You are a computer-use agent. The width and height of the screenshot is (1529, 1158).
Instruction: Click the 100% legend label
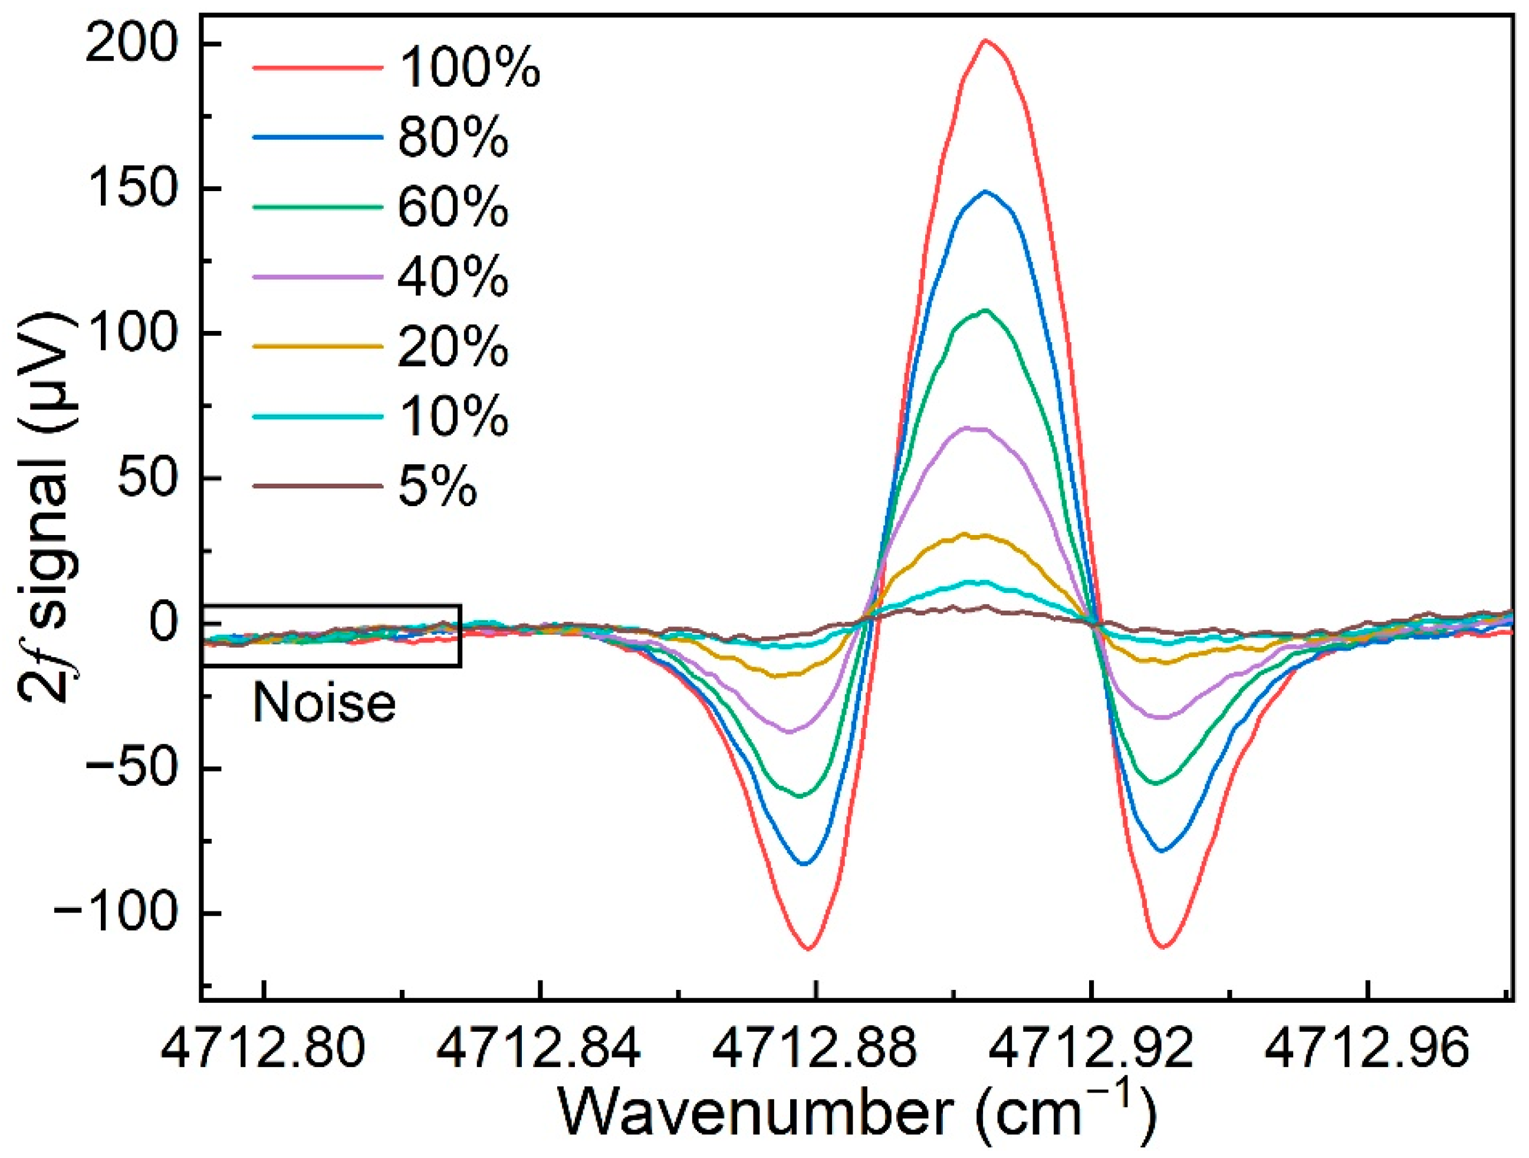(469, 68)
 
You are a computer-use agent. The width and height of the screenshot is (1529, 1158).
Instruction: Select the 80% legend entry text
(453, 137)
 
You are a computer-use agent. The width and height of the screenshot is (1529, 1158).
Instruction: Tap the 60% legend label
(453, 208)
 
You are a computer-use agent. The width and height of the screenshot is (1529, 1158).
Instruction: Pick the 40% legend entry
(453, 277)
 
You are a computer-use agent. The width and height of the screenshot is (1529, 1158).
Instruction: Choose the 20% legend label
(453, 347)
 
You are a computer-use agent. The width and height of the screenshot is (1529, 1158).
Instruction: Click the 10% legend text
(453, 417)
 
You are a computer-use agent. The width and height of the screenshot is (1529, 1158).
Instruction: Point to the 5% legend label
(437, 487)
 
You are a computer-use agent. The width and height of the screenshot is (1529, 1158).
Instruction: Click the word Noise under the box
(324, 703)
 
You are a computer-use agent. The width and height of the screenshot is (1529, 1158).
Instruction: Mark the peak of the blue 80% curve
(985, 192)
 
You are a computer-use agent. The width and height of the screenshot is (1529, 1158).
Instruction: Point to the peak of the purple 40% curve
(975, 429)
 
